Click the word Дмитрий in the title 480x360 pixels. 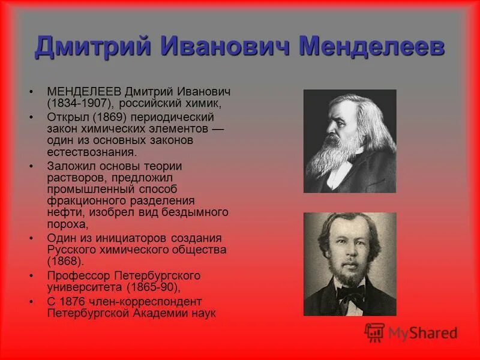[x=84, y=47]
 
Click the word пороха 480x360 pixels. [x=67, y=224]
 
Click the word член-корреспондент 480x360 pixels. [x=151, y=301]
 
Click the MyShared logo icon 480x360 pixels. [x=374, y=332]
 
